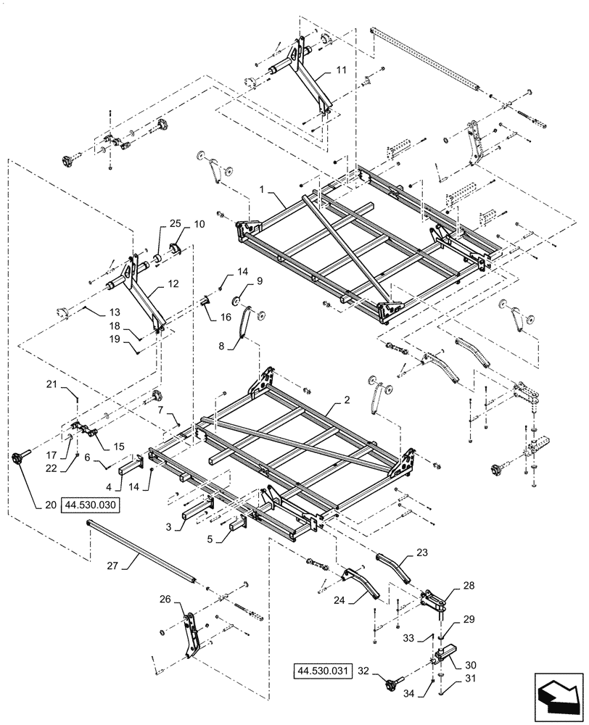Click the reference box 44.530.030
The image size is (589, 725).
[94, 506]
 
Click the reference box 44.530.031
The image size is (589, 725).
[323, 671]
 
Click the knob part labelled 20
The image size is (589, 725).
[19, 459]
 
